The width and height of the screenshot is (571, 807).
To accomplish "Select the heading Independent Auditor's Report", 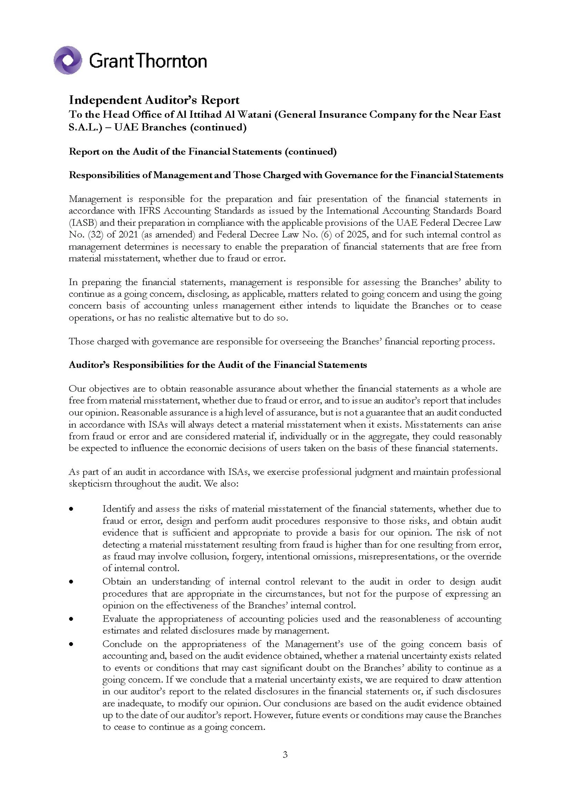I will [154, 100].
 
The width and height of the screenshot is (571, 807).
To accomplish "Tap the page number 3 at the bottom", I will [285, 754].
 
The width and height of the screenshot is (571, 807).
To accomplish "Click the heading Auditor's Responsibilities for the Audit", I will [218, 365].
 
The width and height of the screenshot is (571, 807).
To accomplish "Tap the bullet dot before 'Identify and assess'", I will [71, 509].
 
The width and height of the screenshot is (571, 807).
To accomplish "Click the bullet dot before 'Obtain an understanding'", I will [71, 582].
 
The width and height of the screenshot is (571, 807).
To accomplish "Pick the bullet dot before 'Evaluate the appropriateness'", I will [71, 619].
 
